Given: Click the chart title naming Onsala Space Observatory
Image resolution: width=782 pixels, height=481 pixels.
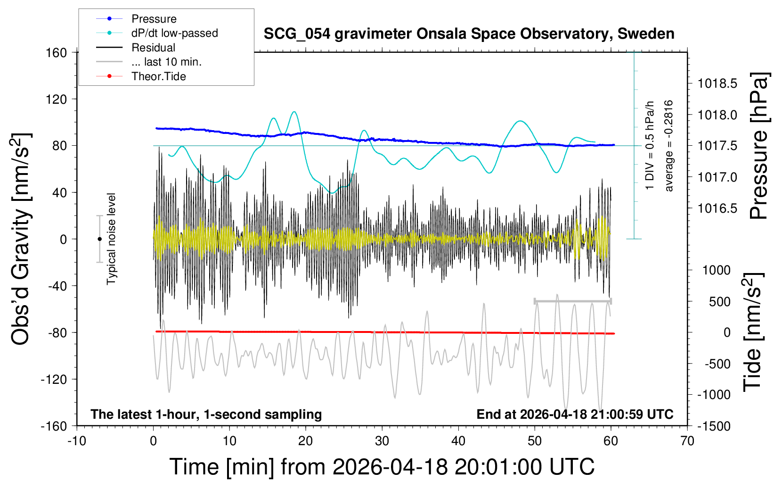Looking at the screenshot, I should tap(469, 34).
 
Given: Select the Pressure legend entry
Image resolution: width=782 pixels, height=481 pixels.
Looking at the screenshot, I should tap(154, 19).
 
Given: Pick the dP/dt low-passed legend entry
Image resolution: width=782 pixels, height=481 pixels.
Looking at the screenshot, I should tap(174, 33).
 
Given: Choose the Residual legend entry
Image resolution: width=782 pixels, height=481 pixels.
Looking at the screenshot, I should tap(153, 48).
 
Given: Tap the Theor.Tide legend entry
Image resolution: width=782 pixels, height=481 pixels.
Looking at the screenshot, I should tap(158, 76).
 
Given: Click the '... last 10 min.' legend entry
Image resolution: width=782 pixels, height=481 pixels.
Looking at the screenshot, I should tap(166, 62).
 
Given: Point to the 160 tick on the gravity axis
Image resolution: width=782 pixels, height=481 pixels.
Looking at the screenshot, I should tap(57, 52).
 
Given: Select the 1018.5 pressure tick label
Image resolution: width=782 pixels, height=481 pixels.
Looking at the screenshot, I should tap(717, 84).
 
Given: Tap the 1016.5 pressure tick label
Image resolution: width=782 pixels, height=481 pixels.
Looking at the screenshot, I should tap(717, 208).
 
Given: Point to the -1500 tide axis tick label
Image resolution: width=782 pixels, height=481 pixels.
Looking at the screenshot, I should tap(714, 426).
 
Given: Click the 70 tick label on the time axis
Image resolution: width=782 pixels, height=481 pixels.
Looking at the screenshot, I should tap(687, 441).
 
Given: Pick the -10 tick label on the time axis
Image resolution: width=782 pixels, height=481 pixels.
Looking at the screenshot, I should tap(77, 441).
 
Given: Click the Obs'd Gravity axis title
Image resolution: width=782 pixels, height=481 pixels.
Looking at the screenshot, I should tap(21, 239).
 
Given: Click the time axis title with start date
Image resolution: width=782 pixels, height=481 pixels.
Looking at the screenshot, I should tap(382, 467).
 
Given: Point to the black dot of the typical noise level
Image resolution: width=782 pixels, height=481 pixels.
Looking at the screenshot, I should tap(99, 239).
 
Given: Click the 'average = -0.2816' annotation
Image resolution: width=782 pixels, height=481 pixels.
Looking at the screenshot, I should tap(668, 146).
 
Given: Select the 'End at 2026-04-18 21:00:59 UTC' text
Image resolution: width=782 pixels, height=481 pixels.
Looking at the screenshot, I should tap(575, 415).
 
